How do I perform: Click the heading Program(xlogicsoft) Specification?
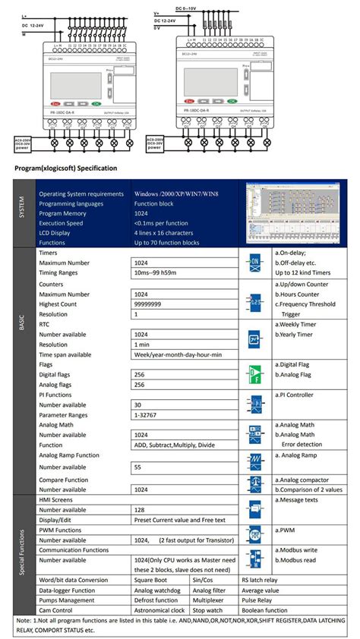click(65, 168)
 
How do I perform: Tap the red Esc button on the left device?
click(56, 103)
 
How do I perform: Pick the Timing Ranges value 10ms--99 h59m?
click(159, 271)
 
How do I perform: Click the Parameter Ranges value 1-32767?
click(150, 415)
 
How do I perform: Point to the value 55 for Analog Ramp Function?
click(139, 467)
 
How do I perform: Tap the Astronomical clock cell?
click(159, 610)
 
